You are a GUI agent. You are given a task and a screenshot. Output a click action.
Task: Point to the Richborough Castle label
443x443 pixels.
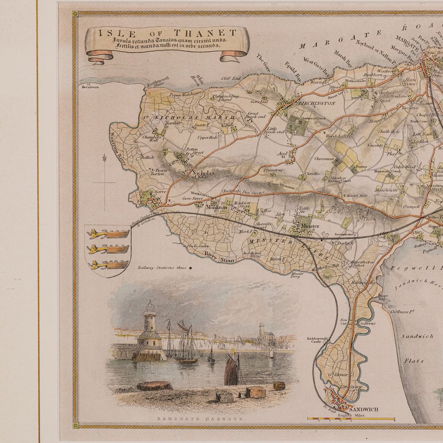tap(318, 342)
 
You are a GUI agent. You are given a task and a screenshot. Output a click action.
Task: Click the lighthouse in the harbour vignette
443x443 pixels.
tap(150, 330)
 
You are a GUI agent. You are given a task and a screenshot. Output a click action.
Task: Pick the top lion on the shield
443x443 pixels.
tap(108, 234)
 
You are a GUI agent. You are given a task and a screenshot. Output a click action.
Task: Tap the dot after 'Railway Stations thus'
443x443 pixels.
tap(190, 268)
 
